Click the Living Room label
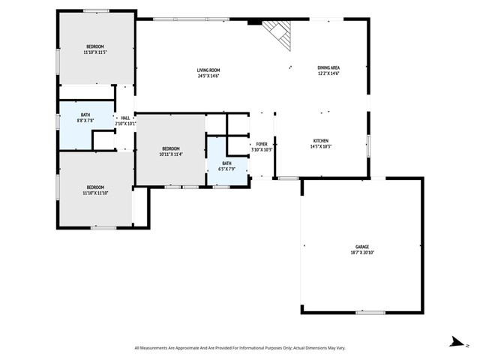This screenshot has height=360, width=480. (x=208, y=70)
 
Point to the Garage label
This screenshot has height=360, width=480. (x=363, y=247)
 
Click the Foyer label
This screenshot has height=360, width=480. (x=262, y=144)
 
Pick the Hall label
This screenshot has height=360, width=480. (x=125, y=118)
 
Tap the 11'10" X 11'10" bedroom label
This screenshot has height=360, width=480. (x=95, y=187)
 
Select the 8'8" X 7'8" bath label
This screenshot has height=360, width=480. (x=85, y=115)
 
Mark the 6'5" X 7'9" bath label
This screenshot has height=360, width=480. (x=226, y=163)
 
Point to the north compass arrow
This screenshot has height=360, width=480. (x=455, y=341)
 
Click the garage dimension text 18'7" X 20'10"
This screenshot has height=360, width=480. (x=363, y=253)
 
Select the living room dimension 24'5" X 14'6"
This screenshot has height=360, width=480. (x=208, y=75)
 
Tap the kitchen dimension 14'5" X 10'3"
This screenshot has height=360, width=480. (x=320, y=146)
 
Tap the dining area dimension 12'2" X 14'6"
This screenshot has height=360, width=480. (x=328, y=74)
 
